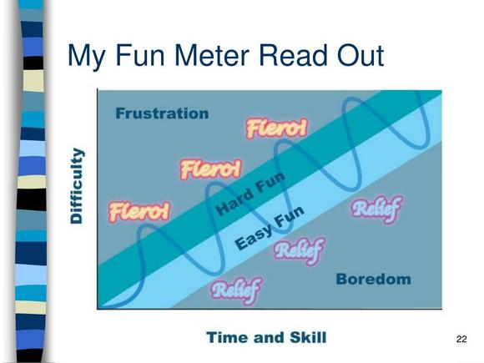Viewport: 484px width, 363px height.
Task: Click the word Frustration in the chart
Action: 162,113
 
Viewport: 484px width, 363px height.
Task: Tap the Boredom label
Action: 374,279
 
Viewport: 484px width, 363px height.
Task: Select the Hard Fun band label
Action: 250,194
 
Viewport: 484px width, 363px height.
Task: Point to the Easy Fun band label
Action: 270,228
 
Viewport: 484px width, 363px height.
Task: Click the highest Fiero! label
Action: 277,128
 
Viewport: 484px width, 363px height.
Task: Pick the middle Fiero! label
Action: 211,169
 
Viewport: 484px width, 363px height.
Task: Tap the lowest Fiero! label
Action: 139,212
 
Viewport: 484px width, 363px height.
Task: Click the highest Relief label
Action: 376,209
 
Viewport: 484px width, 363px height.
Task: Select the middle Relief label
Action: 299,250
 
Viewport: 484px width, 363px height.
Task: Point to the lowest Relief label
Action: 236,290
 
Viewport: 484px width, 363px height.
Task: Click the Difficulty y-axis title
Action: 76,186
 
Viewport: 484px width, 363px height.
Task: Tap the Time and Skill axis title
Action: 266,337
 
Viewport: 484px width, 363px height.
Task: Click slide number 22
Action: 461,339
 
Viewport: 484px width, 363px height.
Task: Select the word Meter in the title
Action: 212,56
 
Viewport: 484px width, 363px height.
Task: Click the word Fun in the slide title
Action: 140,56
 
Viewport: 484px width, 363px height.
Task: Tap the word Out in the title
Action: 360,56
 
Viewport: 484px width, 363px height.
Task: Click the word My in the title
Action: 87,58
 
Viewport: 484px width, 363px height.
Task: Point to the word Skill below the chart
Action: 308,337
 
